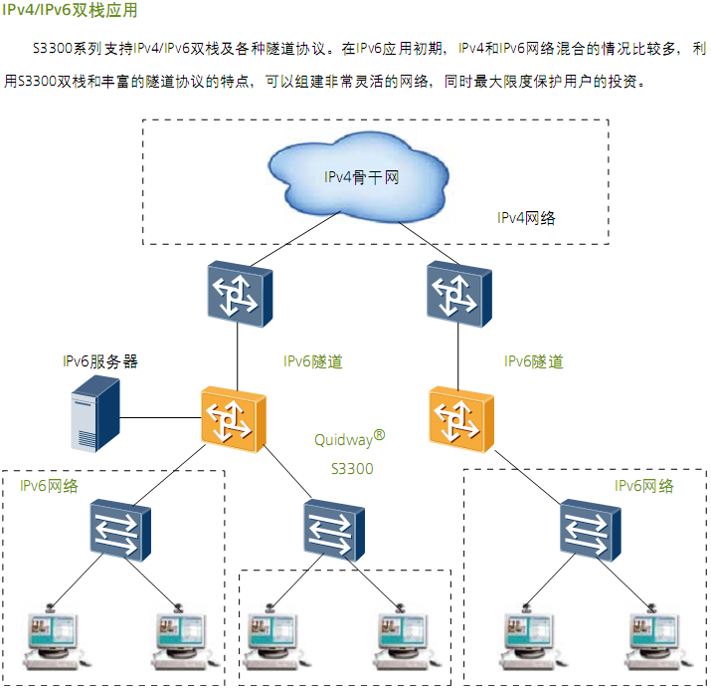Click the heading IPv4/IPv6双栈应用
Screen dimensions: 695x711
click(x=70, y=12)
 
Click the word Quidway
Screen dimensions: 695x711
click(x=344, y=440)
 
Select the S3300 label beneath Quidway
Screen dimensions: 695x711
click(x=352, y=468)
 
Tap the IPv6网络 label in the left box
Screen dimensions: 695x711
click(x=50, y=486)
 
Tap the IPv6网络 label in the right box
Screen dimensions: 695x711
click(x=643, y=486)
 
